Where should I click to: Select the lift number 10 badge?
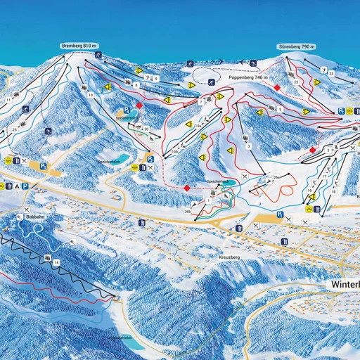(90, 94)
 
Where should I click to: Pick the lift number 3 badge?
(249, 146)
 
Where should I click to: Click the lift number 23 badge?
(331, 74)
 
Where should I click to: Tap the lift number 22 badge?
(297, 82)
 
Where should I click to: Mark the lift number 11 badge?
(8, 101)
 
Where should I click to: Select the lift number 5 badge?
(280, 109)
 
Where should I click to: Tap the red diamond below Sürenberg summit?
(278, 88)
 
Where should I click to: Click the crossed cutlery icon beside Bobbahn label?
(27, 210)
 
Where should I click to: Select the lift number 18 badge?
(333, 191)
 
